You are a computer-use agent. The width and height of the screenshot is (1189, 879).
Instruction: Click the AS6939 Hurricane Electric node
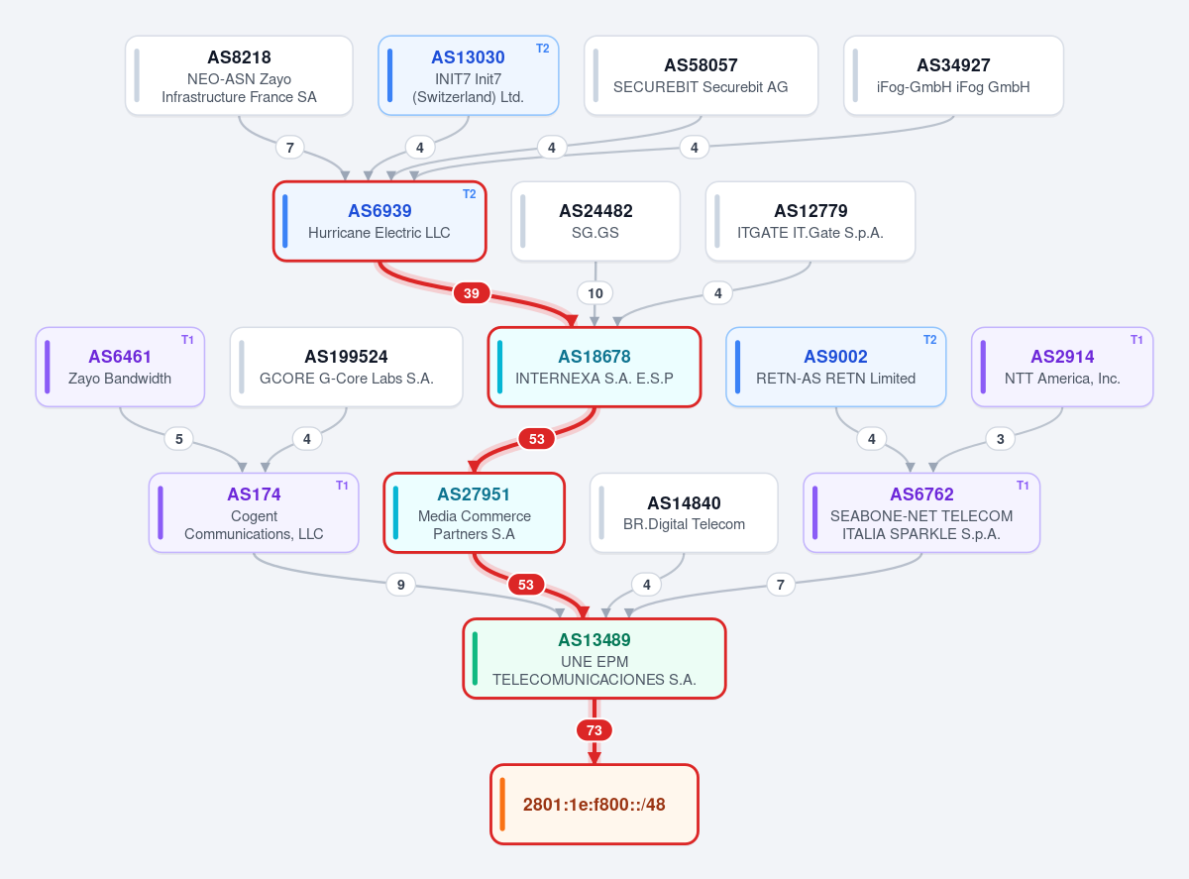tap(379, 221)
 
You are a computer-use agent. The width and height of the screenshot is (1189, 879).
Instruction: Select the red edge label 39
tap(472, 293)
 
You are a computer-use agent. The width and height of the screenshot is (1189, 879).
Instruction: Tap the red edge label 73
tap(594, 730)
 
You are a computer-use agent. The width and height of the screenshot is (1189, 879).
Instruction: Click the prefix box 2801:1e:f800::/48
tap(594, 805)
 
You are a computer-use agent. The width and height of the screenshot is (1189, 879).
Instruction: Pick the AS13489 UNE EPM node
tap(594, 659)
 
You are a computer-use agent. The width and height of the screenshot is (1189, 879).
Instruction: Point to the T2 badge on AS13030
tap(543, 49)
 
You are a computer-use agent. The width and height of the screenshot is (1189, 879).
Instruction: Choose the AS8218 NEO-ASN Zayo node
tap(239, 75)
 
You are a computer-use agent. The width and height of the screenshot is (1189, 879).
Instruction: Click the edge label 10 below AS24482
tap(595, 293)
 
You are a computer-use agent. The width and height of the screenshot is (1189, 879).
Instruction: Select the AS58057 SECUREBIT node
tap(701, 75)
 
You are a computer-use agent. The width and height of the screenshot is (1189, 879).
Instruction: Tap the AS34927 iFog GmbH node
tap(953, 75)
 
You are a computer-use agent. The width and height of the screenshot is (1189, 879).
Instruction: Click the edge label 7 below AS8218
tap(290, 148)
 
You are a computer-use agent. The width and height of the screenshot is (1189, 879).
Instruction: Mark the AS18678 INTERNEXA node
tap(594, 367)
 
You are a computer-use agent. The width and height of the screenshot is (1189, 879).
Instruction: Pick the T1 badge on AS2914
tap(1136, 340)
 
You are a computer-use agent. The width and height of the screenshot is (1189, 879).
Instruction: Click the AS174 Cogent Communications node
tap(254, 512)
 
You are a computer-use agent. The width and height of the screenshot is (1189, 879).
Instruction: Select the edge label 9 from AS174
tap(401, 585)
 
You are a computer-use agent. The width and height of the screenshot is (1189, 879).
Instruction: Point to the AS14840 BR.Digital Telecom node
tap(684, 512)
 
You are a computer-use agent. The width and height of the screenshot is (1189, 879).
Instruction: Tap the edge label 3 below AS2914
tap(1001, 439)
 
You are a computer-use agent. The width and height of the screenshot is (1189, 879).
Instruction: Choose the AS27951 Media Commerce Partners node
tap(474, 512)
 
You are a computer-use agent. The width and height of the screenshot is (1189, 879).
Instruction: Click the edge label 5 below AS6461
tap(179, 439)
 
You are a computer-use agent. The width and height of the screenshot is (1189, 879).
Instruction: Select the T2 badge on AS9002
tap(929, 340)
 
